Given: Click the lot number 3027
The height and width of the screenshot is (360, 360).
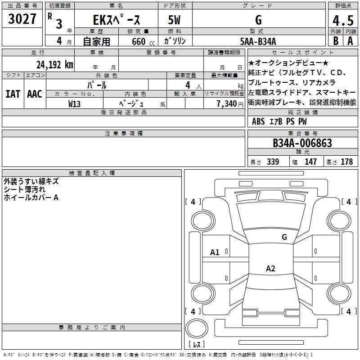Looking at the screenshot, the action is [22, 19].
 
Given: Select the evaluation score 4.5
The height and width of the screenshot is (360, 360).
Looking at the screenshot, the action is [342, 21].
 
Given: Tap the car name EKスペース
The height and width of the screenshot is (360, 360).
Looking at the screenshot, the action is [117, 20].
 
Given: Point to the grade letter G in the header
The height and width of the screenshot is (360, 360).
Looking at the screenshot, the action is [258, 20].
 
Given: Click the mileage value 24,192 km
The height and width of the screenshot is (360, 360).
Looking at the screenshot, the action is [55, 64].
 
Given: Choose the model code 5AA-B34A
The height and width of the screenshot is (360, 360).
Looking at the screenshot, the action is [258, 41].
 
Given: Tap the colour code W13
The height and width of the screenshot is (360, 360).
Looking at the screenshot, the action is [75, 103].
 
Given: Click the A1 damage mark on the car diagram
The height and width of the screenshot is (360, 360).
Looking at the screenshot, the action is [215, 252].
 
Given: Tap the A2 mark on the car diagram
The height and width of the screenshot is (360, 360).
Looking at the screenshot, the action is [270, 269].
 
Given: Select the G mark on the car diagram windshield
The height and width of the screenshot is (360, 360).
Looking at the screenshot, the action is [284, 237].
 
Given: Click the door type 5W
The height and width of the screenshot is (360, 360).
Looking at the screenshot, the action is [175, 20].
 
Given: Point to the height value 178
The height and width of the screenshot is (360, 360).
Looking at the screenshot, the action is [346, 162].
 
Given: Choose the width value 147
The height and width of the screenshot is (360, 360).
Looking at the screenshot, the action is [310, 162].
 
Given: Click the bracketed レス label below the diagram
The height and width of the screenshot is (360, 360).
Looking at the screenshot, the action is [196, 345].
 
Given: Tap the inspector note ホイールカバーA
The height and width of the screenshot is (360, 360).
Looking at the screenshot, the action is [31, 198].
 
